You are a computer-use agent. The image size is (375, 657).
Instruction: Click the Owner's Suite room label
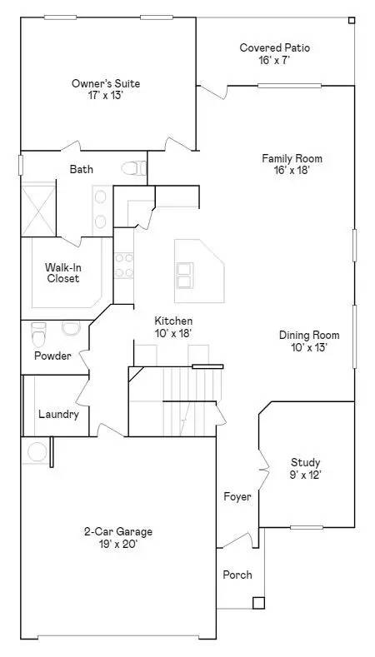(x=106, y=83)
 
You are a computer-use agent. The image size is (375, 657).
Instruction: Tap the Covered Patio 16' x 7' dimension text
(x=275, y=59)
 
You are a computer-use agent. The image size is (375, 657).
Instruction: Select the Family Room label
(x=292, y=158)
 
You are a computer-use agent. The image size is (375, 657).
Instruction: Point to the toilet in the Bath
(x=134, y=168)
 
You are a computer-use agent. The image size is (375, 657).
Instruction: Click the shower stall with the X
(x=38, y=209)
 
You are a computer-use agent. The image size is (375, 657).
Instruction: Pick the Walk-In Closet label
(x=63, y=272)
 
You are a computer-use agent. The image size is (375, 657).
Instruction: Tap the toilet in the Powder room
(x=38, y=334)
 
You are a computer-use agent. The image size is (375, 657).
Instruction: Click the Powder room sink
(x=71, y=327)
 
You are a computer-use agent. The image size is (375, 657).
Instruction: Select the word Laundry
(x=58, y=415)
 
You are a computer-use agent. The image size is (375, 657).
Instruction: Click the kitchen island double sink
(x=185, y=275)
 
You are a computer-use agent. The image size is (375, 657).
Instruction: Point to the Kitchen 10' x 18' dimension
(x=173, y=334)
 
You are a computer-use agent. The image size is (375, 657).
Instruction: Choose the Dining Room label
(x=309, y=336)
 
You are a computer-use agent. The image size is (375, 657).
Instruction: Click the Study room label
(x=306, y=463)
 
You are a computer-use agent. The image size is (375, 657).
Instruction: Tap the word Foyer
(x=237, y=497)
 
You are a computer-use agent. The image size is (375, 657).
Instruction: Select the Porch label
(x=237, y=575)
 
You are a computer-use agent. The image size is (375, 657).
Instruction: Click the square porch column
(x=258, y=603)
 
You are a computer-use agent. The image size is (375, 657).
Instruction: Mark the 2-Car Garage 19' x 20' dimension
(x=117, y=545)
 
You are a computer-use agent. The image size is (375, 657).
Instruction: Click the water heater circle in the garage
(x=37, y=451)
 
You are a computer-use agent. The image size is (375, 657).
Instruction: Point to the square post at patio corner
(x=352, y=20)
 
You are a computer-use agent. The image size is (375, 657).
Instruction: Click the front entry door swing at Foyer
(x=237, y=540)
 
